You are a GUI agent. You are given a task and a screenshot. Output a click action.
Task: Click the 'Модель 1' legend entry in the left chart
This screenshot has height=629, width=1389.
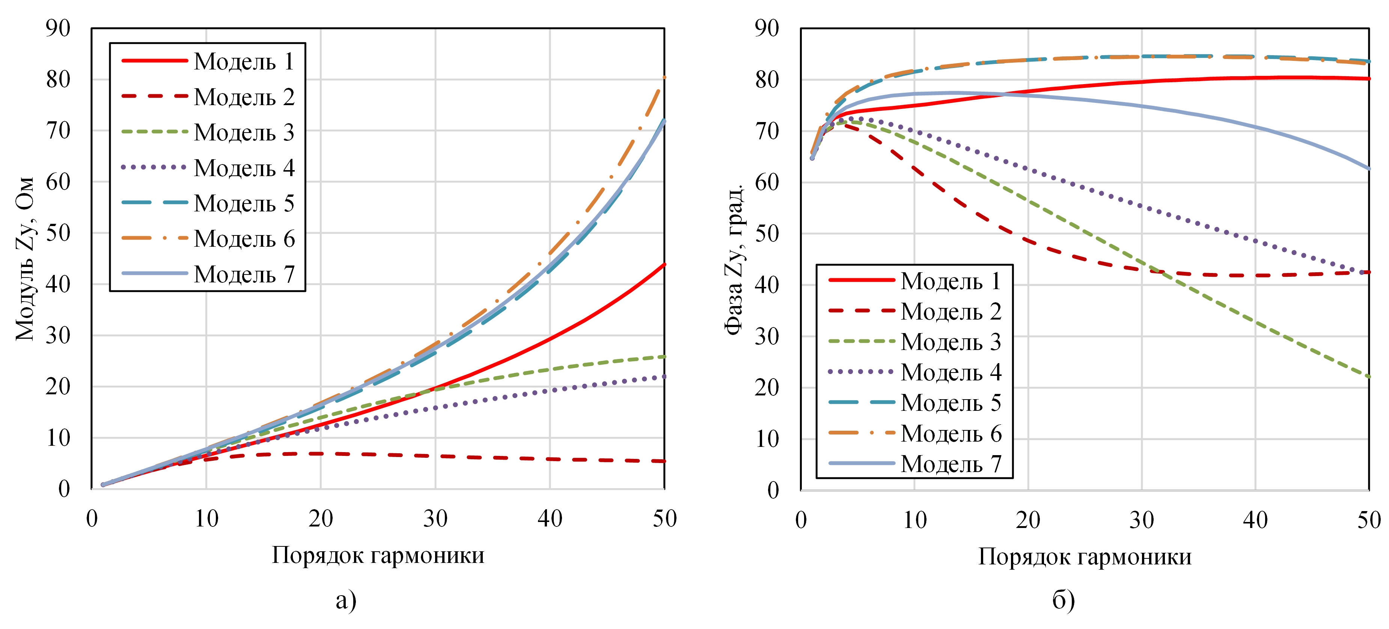(244, 62)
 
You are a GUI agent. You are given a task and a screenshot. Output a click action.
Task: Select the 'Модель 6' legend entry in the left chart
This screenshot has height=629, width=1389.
(244, 238)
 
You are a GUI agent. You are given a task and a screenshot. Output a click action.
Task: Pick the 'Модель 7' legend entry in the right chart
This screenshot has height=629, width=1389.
(951, 464)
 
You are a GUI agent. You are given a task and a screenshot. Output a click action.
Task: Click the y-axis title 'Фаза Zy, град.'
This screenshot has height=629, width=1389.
(734, 259)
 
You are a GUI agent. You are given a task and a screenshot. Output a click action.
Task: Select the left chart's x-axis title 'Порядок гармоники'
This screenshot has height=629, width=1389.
(378, 555)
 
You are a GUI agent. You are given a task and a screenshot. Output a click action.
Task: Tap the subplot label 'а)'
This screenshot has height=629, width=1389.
(346, 600)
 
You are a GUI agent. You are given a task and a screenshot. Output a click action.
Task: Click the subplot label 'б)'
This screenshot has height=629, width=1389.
(1063, 600)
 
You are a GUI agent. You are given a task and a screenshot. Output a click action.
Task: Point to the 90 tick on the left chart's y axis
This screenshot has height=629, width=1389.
(58, 28)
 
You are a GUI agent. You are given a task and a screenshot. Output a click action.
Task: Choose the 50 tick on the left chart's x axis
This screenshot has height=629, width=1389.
(664, 519)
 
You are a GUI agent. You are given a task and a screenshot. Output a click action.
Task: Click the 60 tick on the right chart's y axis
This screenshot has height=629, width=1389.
(767, 183)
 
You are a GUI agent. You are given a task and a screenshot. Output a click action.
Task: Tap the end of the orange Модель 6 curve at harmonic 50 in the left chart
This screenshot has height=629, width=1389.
(664, 78)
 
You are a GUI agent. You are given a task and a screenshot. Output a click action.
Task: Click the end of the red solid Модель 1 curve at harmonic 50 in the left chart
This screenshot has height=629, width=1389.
(664, 264)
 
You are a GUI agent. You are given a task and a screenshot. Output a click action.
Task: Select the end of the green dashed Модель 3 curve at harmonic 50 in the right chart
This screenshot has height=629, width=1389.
(1368, 377)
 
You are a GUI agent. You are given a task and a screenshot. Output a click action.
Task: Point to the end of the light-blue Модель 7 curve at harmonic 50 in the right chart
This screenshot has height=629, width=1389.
(1368, 169)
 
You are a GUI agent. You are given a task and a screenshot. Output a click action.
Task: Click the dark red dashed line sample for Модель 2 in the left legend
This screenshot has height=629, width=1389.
(154, 97)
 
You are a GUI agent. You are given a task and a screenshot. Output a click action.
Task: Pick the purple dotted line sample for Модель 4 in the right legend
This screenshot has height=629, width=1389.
(861, 372)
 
